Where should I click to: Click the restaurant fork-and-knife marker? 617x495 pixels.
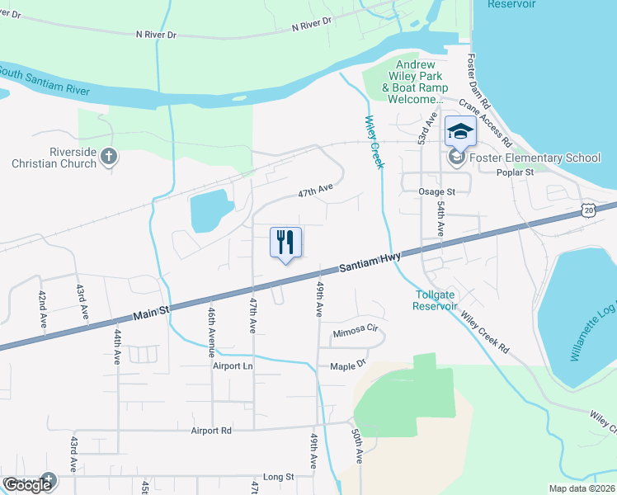tap(285, 243)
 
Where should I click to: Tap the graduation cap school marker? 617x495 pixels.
tap(460, 130)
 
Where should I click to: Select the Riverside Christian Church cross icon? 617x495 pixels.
tap(109, 155)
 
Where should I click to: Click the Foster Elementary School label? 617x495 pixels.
tap(536, 158)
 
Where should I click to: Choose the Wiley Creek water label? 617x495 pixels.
tap(374, 142)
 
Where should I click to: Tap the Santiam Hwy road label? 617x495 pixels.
tap(370, 263)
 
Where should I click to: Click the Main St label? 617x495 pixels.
tap(151, 311)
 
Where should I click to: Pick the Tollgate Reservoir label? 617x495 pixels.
tap(435, 299)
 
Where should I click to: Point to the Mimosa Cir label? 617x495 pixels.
tap(355, 333)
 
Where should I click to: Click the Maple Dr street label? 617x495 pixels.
tap(348, 366)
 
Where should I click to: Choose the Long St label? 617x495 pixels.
tap(278, 477)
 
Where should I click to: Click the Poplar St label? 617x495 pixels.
tap(516, 173)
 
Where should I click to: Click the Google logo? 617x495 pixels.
tap(28, 485)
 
